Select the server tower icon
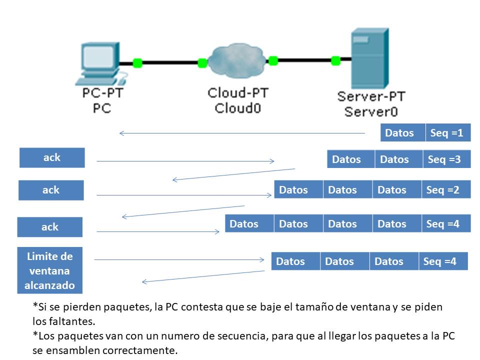click(369, 59)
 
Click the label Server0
click(371, 110)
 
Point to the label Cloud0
click(237, 107)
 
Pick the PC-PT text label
click(102, 93)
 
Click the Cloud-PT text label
click(237, 93)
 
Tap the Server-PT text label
click(371, 96)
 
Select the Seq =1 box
click(447, 133)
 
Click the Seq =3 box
click(446, 159)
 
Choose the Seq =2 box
click(445, 190)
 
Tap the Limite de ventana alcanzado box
click(50, 270)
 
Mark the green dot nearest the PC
click(137, 63)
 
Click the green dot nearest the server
click(335, 61)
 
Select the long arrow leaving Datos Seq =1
click(242, 133)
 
